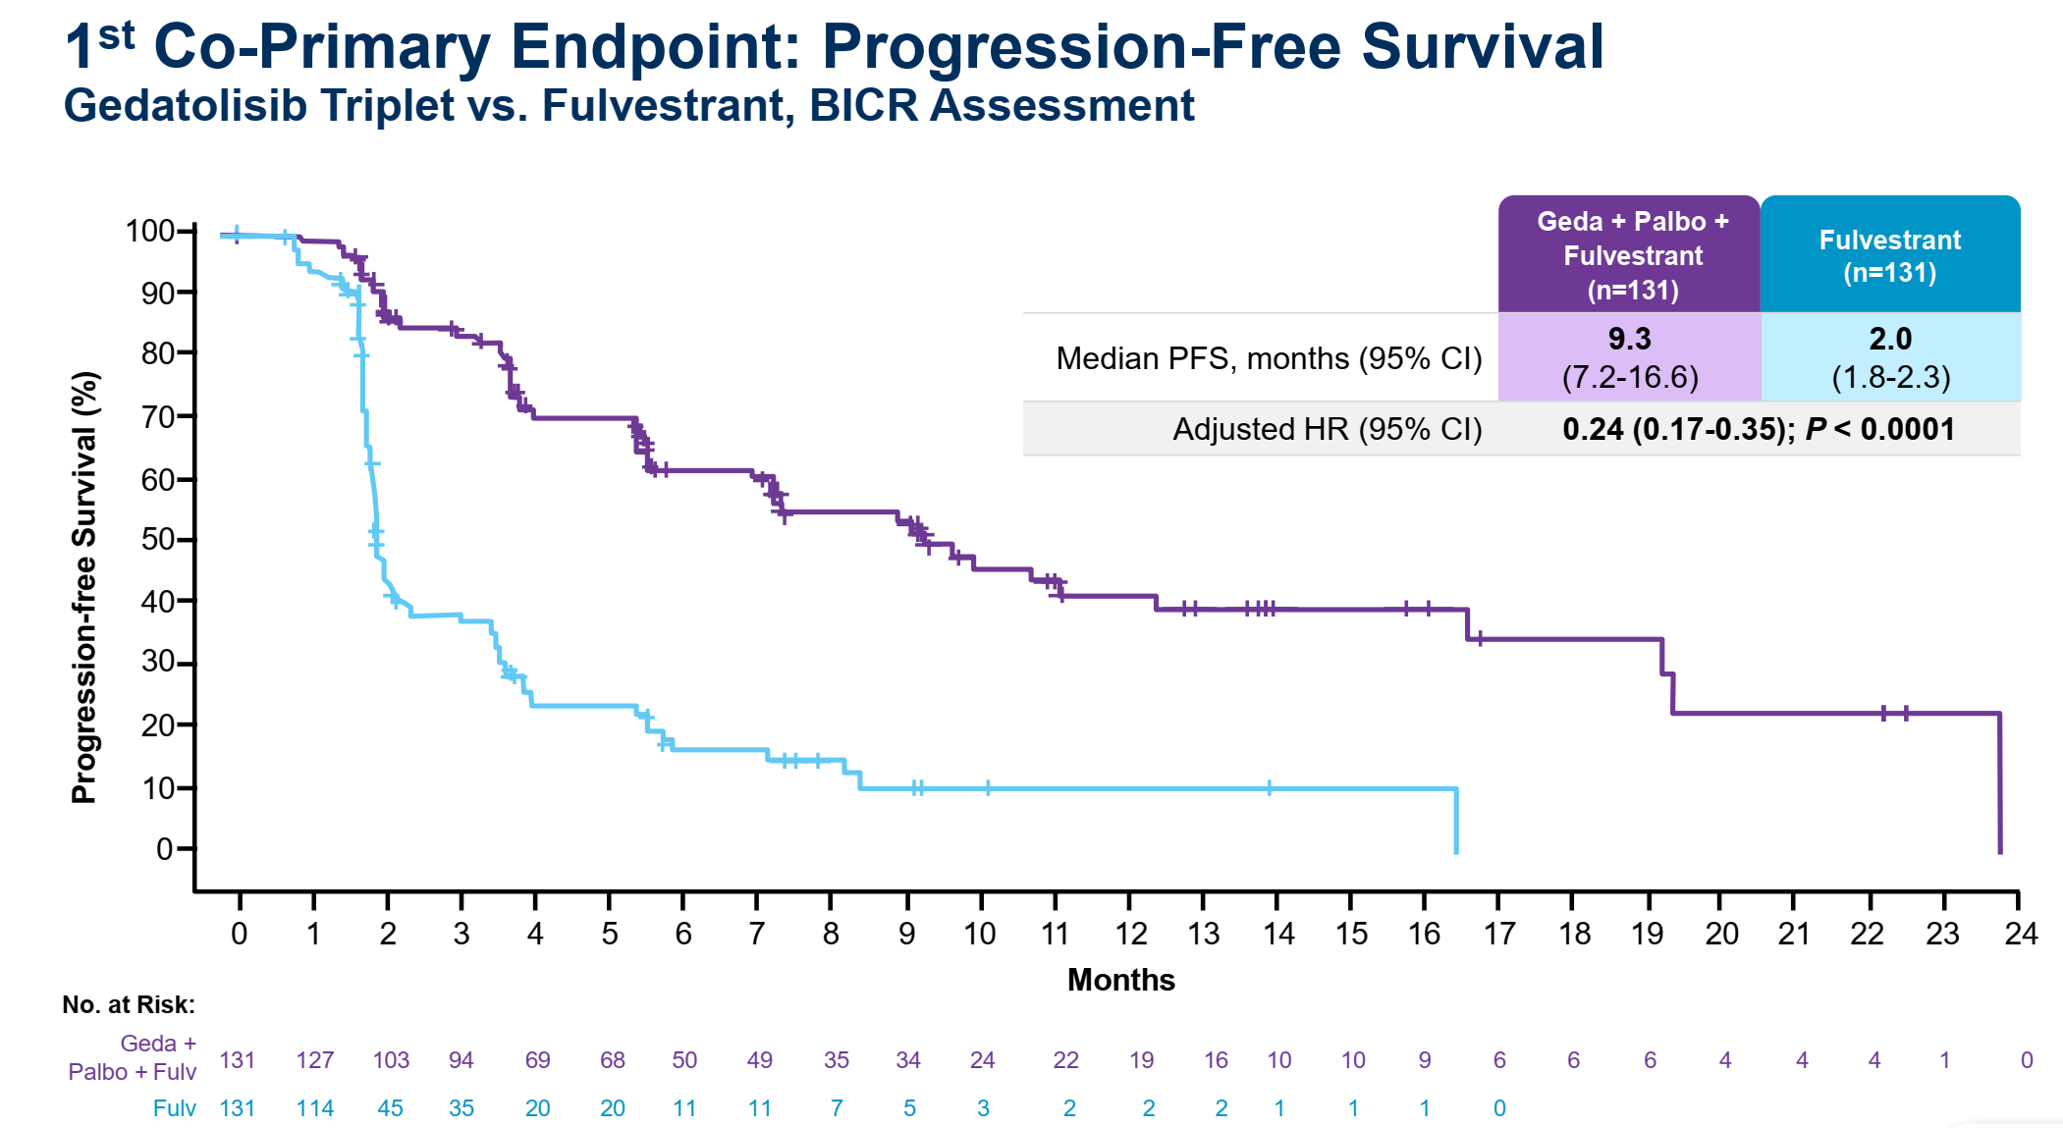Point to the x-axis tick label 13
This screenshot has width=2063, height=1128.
[1203, 933]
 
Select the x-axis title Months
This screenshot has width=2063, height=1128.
[1120, 980]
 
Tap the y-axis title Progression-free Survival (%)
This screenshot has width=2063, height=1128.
[84, 587]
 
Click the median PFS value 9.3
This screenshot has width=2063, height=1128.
[1629, 339]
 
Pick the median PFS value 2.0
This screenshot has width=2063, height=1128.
[1890, 339]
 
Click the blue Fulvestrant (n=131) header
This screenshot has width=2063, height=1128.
[1889, 255]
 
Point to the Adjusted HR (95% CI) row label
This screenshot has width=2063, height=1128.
[1327, 429]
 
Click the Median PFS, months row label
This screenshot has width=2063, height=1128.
[1268, 358]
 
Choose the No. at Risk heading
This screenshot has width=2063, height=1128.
[129, 1004]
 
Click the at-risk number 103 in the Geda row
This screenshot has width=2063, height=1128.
[391, 1060]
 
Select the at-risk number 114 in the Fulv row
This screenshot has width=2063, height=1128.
[315, 1108]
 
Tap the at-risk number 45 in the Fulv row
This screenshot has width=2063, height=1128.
[390, 1108]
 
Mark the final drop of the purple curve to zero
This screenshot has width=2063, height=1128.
[1999, 785]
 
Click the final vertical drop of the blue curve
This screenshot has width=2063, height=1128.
[1455, 821]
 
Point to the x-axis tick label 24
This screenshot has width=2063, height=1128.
[2021, 933]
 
